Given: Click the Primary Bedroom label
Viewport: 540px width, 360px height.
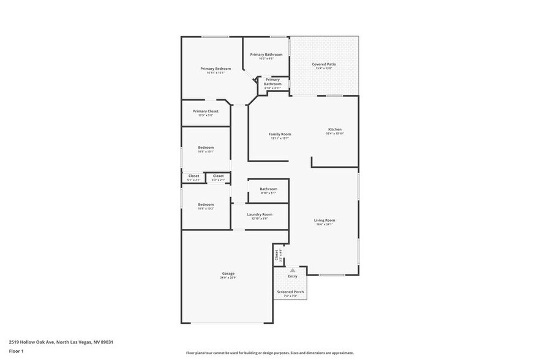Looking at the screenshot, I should click(x=216, y=69).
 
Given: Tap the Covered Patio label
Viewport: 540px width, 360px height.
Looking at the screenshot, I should click(x=324, y=64).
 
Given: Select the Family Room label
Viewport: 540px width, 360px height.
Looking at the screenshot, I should click(x=280, y=134).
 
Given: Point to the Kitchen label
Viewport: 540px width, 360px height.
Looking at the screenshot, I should click(x=335, y=129).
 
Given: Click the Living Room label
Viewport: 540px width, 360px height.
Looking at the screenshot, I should click(x=324, y=220).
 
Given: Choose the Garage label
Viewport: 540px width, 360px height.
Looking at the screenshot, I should click(x=228, y=273).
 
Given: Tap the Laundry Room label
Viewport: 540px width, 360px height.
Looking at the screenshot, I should click(x=260, y=214).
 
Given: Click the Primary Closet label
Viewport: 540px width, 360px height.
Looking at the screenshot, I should click(x=206, y=111).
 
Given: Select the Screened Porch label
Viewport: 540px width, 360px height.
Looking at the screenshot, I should click(x=291, y=292).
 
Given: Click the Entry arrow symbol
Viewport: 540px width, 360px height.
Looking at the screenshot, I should click(x=293, y=269).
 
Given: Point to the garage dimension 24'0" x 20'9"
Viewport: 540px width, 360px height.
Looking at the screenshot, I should click(x=228, y=277).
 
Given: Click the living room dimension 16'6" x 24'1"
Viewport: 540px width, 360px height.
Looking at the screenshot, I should click(x=324, y=225).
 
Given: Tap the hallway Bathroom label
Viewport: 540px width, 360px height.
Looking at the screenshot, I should click(x=268, y=189).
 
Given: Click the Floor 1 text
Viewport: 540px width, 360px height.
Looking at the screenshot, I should click(x=16, y=351).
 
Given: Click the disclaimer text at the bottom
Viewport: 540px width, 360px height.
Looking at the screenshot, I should click(x=269, y=353).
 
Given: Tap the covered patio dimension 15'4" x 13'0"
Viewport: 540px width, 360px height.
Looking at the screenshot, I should click(x=324, y=69).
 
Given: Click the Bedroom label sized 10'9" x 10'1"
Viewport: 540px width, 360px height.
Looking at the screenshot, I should click(x=206, y=148).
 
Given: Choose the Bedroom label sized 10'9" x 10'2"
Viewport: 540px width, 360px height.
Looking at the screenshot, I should click(x=206, y=204).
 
